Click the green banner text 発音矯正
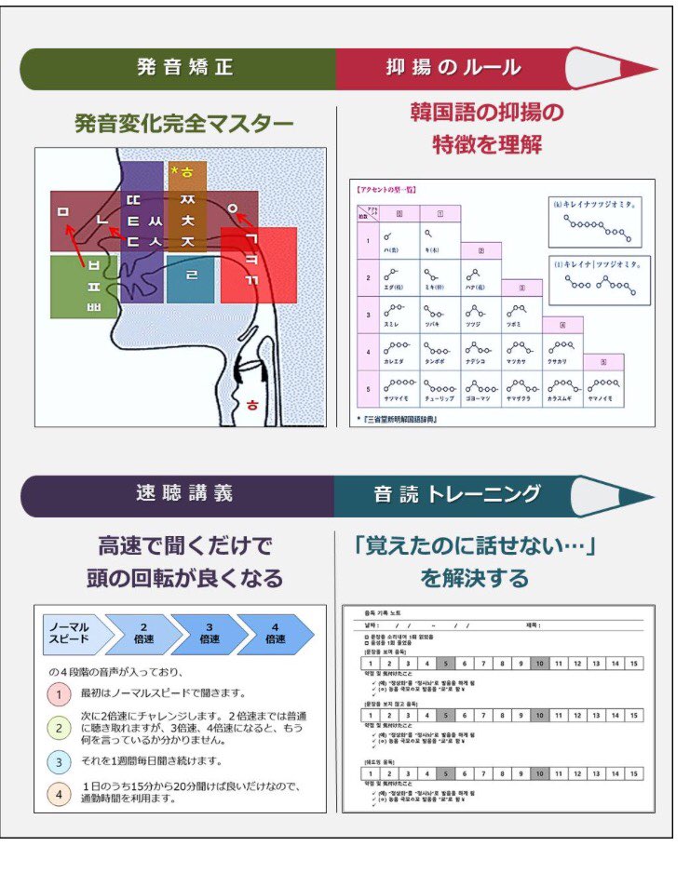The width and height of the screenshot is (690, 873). coord(184,68)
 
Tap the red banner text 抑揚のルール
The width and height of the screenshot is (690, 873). coord(453,68)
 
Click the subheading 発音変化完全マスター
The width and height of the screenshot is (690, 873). coord(183,124)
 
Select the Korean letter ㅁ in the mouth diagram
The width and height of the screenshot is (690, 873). coord(63,213)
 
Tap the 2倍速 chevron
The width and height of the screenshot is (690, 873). coord(143,634)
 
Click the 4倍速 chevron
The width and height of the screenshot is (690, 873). coord(276,634)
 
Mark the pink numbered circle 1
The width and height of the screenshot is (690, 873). coord(58,693)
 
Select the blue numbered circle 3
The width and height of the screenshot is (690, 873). coord(58,761)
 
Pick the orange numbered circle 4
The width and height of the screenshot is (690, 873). coord(58,795)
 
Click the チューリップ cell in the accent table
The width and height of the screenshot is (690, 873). coord(439,391)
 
